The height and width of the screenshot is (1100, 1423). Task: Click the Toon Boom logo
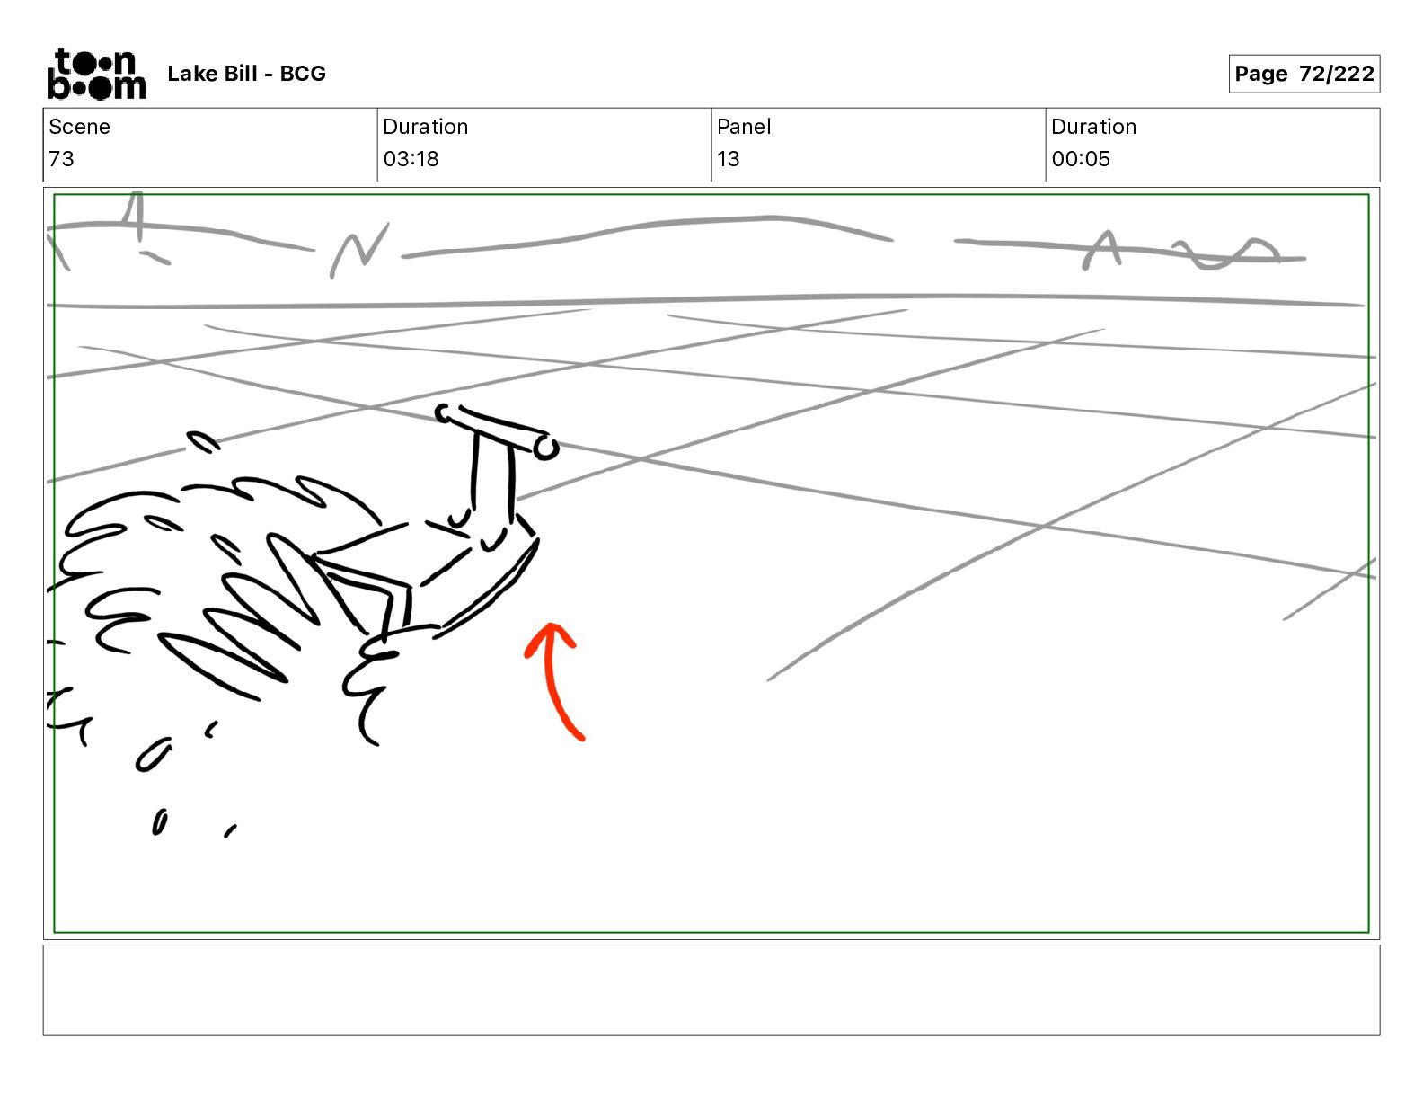click(96, 74)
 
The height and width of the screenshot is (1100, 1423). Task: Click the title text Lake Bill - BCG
click(246, 74)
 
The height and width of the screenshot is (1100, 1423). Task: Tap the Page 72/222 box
click(1304, 74)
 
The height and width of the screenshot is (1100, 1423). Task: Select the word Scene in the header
click(79, 127)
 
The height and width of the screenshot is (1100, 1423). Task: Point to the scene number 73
click(61, 159)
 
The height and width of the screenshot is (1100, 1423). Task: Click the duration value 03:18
click(411, 159)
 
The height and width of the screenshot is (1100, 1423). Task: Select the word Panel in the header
click(744, 127)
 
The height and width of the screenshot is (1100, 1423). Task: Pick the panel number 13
click(728, 159)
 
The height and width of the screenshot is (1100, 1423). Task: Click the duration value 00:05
click(1081, 159)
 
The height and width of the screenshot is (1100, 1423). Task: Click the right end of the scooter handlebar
click(545, 447)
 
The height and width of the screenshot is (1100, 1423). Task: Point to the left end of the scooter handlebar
click(444, 413)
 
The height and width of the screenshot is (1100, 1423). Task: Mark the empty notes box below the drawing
click(711, 989)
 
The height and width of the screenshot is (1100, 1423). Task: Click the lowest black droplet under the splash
click(159, 822)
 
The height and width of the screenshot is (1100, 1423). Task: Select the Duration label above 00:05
click(1093, 127)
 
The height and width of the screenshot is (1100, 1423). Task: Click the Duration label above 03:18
click(425, 127)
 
